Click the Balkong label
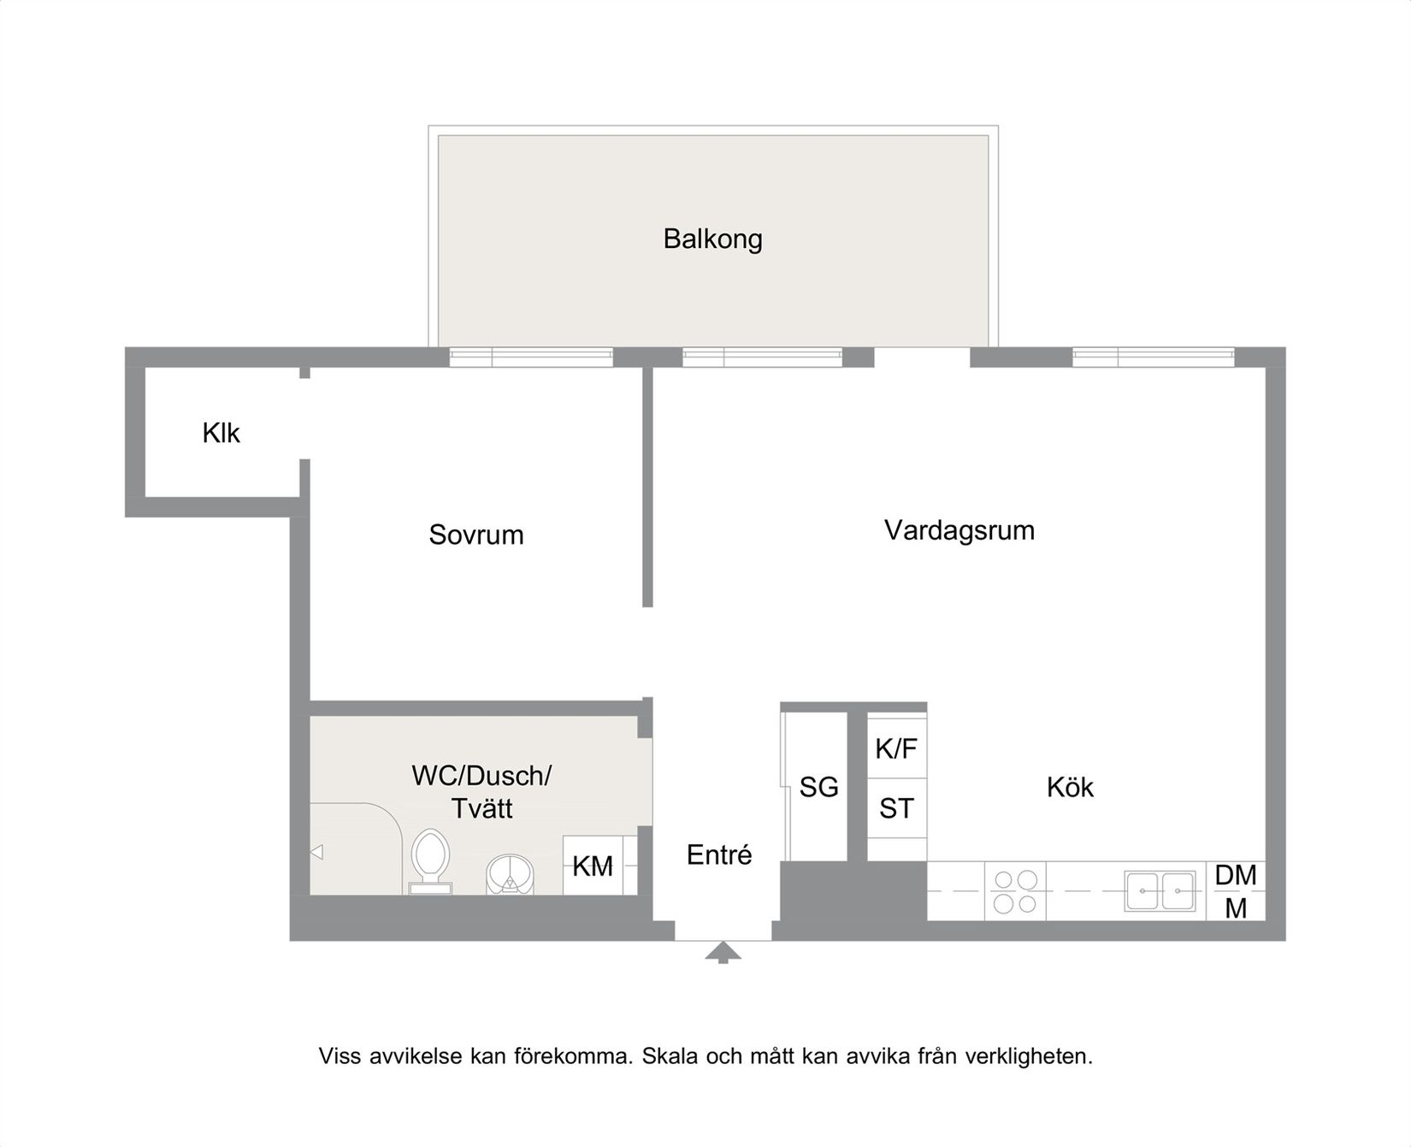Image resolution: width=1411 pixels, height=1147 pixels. (x=712, y=239)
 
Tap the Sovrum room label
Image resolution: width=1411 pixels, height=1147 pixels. (x=475, y=535)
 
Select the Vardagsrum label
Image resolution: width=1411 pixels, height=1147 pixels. (x=959, y=530)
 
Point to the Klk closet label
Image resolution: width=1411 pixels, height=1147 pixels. (x=221, y=433)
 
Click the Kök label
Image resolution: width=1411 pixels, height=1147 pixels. (x=1070, y=787)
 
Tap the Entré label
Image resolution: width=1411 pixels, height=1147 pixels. (x=719, y=854)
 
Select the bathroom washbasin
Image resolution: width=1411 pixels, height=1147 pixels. (x=511, y=874)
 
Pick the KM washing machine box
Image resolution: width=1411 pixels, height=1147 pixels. (x=593, y=866)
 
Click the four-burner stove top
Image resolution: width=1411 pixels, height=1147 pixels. (x=1015, y=891)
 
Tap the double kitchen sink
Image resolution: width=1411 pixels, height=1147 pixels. (x=1160, y=891)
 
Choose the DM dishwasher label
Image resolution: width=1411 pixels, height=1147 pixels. (x=1236, y=875)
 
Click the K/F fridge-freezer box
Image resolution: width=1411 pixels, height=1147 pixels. (x=896, y=748)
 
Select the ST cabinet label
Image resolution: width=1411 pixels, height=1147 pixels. (x=896, y=808)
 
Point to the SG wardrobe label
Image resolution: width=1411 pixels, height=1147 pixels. (x=818, y=787)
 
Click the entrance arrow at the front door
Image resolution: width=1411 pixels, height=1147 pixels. (x=723, y=952)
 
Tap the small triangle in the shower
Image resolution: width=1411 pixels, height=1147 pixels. (x=316, y=852)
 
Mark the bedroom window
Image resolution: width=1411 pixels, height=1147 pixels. (x=531, y=358)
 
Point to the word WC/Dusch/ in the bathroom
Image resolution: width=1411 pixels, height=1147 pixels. (x=481, y=776)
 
